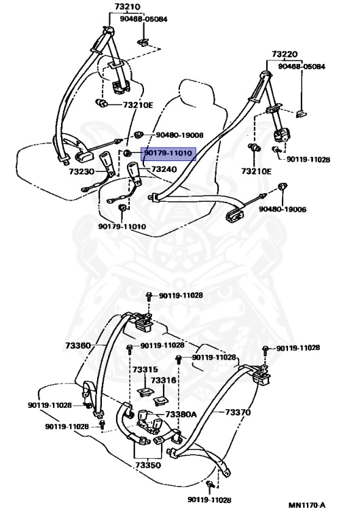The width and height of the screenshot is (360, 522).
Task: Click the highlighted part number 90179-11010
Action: point(168,153)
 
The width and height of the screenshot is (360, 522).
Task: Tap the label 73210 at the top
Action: point(128,7)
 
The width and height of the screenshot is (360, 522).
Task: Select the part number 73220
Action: point(285,54)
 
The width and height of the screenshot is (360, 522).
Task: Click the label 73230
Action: point(82,171)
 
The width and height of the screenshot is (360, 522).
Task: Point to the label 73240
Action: point(164,169)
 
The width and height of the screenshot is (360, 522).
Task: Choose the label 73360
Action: point(78,345)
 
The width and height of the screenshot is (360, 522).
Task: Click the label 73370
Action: point(238,413)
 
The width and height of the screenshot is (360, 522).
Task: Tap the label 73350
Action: point(148,465)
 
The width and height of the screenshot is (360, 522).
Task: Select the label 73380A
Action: point(181,415)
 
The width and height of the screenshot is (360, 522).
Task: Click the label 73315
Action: point(145,370)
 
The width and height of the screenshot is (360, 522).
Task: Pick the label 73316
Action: point(164,380)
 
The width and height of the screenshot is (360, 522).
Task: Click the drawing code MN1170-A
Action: point(307,506)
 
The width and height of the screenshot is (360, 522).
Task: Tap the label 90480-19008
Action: point(180,135)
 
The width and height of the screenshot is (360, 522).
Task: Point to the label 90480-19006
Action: point(283,209)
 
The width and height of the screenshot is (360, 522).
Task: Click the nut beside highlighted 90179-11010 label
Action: point(127,153)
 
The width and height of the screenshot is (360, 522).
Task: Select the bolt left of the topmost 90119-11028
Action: point(149,296)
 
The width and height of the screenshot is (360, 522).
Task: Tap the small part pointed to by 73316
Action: point(161,400)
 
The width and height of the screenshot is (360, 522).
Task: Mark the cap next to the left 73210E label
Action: point(101,103)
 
